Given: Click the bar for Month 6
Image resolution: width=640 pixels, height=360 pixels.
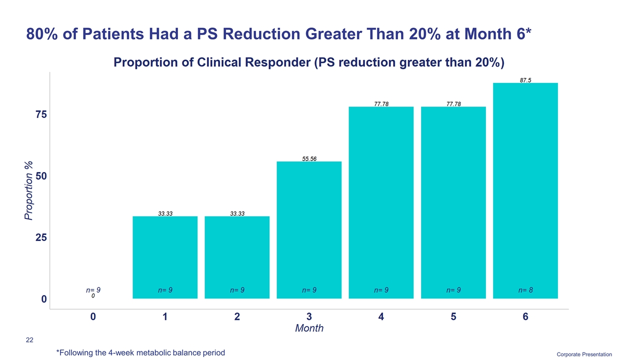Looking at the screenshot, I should pos(525,190).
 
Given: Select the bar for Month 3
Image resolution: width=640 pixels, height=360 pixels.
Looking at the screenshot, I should pos(309,230).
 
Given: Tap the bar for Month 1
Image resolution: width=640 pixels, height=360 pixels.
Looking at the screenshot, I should pos(165,257).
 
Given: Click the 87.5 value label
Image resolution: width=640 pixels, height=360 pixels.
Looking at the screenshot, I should pos(525,79).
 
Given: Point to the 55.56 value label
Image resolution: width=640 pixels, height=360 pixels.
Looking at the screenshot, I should pos(309,158).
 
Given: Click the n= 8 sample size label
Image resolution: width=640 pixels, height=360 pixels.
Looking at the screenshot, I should pos(525,290).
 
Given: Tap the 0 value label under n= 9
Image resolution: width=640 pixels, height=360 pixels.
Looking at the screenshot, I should pos(93,296).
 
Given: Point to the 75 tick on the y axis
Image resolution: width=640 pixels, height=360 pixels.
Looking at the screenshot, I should pos(41,114).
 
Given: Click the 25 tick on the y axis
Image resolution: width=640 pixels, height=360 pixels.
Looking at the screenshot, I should pos(41,237).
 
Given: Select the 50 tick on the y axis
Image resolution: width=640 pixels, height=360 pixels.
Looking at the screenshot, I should pos(41,176).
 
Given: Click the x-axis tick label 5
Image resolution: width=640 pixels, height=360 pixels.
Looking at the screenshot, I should pos(453,317).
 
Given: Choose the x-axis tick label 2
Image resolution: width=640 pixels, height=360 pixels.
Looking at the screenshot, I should pos(237,317).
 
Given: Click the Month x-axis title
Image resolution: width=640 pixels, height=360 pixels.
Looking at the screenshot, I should pos(309,328).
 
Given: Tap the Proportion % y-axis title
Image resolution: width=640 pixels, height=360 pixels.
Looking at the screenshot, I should pos(29,190).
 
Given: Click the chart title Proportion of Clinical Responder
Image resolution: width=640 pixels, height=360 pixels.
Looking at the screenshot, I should pos(309,62).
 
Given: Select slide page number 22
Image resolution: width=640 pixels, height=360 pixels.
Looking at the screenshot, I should pos(29,340).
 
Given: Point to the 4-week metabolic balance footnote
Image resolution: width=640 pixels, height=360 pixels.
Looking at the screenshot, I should pos(140,352).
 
